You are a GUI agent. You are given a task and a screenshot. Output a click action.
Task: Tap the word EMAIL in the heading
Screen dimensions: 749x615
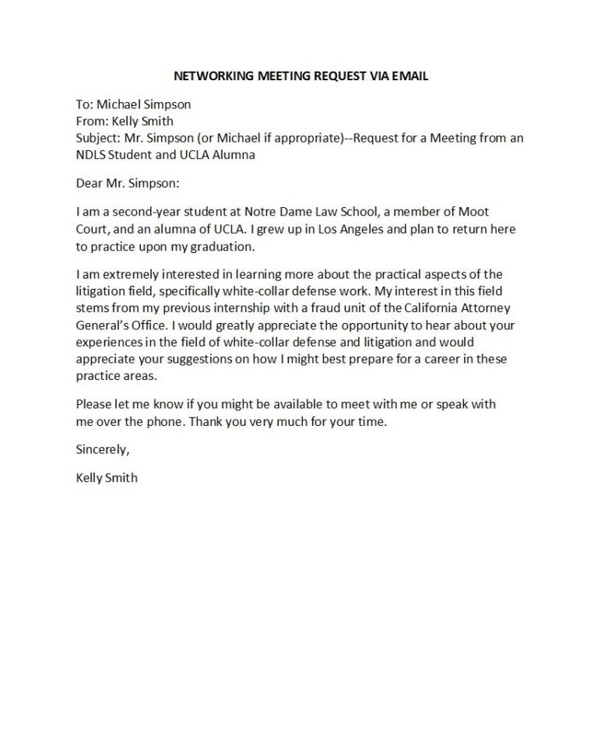point(411,76)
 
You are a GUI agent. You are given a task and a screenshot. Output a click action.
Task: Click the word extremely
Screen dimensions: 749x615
point(125,274)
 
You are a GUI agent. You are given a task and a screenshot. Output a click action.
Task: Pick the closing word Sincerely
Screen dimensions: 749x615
point(102,449)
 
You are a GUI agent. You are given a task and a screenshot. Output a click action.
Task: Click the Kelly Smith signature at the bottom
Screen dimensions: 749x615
point(107,477)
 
